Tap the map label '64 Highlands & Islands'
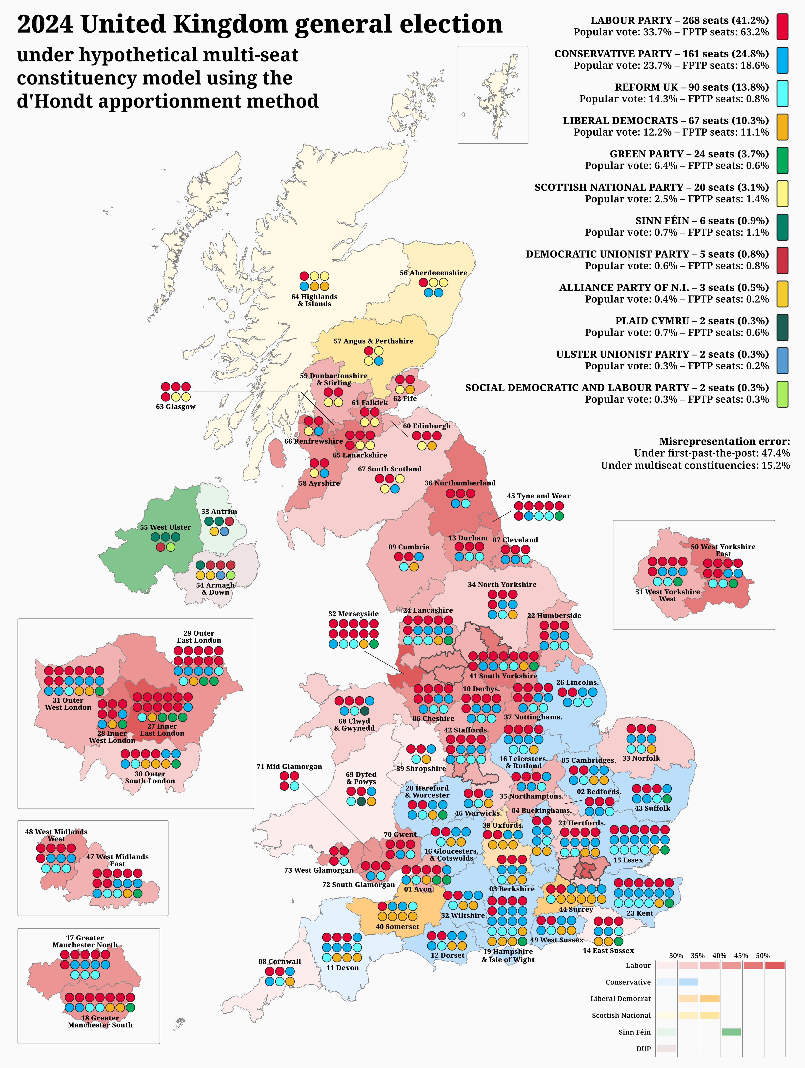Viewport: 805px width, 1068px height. point(314,300)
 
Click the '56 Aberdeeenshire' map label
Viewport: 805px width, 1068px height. point(433,273)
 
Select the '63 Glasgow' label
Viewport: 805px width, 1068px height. point(176,407)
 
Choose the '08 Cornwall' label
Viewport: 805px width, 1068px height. point(280,961)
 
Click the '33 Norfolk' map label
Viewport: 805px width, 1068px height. point(641,758)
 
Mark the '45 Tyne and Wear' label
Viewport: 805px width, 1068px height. point(539,496)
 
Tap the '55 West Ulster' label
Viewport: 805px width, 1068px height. point(165,527)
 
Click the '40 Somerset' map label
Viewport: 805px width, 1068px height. point(398,926)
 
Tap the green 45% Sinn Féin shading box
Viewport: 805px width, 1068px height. point(731,1032)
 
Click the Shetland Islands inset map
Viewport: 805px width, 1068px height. point(493,95)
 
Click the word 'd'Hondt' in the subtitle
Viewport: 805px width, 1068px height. point(57,101)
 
